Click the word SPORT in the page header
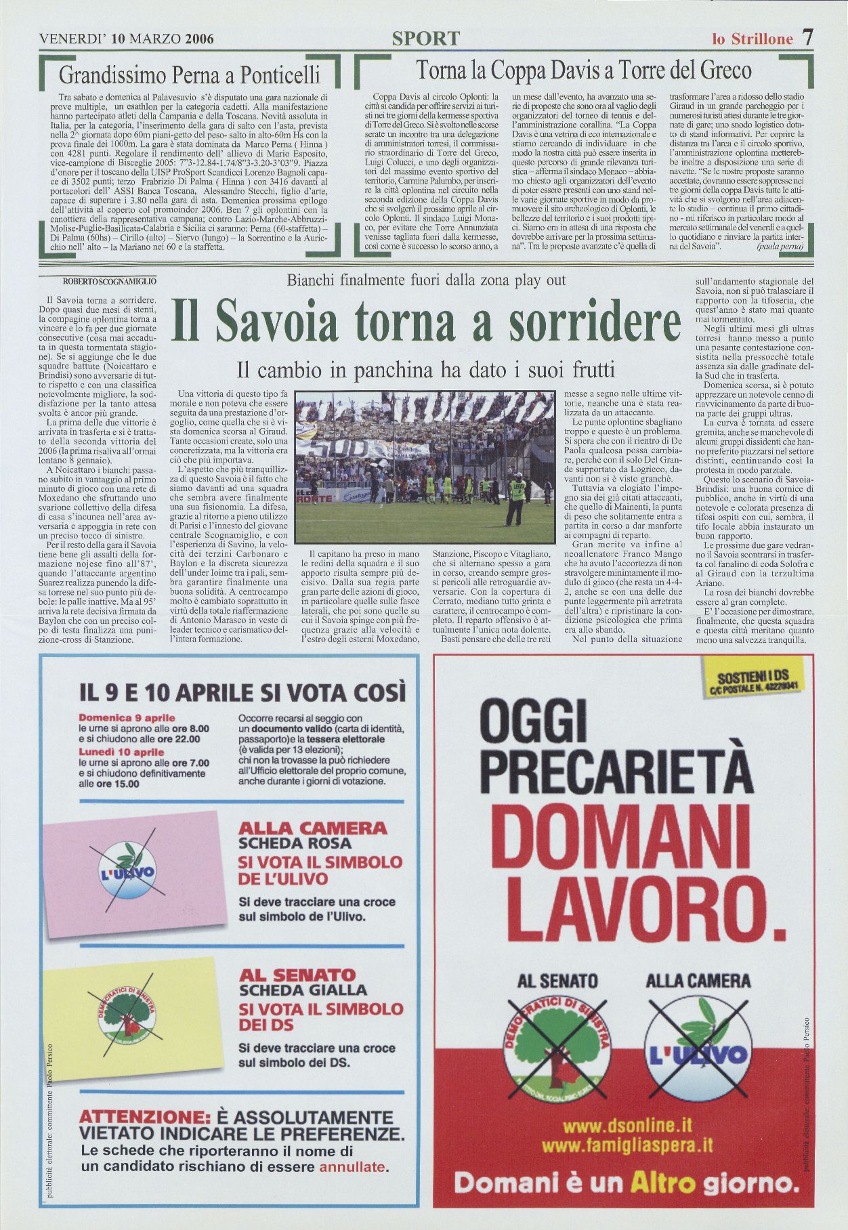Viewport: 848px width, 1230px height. (x=425, y=39)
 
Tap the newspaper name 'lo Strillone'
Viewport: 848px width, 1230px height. (x=752, y=39)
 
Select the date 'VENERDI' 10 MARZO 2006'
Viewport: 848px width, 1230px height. (x=127, y=39)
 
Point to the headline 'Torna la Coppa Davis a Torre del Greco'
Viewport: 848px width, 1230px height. (x=583, y=70)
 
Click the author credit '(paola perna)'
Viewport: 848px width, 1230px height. (x=780, y=247)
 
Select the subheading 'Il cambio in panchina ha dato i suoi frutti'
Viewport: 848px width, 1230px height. (x=425, y=370)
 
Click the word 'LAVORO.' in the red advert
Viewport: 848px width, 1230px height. (x=622, y=904)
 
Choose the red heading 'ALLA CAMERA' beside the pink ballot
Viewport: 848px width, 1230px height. (x=313, y=828)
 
